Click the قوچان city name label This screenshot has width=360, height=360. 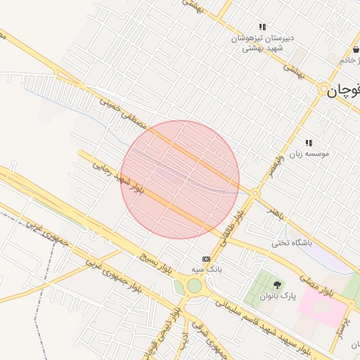pyautogui.click(x=347, y=89)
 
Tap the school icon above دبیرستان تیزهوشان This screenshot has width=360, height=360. pyautogui.click(x=262, y=27)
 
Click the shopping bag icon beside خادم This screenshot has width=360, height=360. pyautogui.click(x=356, y=51)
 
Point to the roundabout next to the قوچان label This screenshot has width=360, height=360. pyautogui.click(x=324, y=89)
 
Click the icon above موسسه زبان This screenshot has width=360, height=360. pyautogui.click(x=309, y=143)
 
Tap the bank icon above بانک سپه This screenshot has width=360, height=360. pyautogui.click(x=206, y=259)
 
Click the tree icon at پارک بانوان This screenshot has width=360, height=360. pyautogui.click(x=277, y=285)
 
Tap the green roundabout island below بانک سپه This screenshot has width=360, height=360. pyautogui.click(x=194, y=286)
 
